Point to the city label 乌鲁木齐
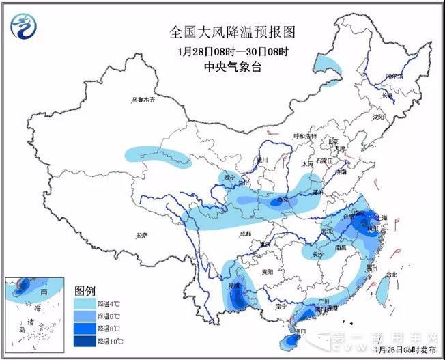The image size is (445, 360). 143,100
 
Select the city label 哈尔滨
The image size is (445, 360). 394,77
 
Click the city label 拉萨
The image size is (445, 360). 141,235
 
